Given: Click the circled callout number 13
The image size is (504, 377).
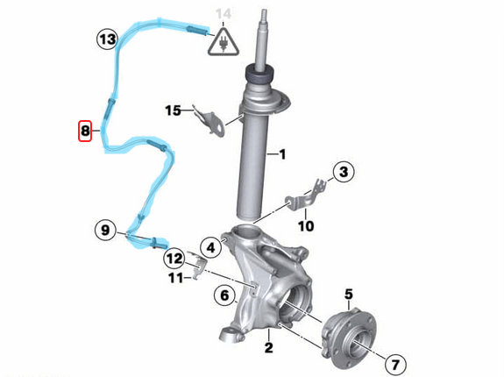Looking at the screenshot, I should pyautogui.click(x=107, y=39).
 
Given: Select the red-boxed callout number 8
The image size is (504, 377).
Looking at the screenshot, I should pyautogui.click(x=85, y=132).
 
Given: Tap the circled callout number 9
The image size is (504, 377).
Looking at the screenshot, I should pyautogui.click(x=105, y=231).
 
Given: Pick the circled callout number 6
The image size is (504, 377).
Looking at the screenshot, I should pyautogui.click(x=394, y=362).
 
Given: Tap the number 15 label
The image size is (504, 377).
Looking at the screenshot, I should pyautogui.click(x=174, y=110).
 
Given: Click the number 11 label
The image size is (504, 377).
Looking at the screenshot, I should pyautogui.click(x=176, y=278).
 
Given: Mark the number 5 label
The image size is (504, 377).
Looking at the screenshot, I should pyautogui.click(x=348, y=294).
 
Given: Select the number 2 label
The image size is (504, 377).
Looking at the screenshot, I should pyautogui.click(x=268, y=347).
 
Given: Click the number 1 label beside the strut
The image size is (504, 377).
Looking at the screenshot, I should pyautogui.click(x=282, y=155).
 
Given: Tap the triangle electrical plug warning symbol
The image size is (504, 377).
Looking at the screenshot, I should pyautogui.click(x=224, y=42).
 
